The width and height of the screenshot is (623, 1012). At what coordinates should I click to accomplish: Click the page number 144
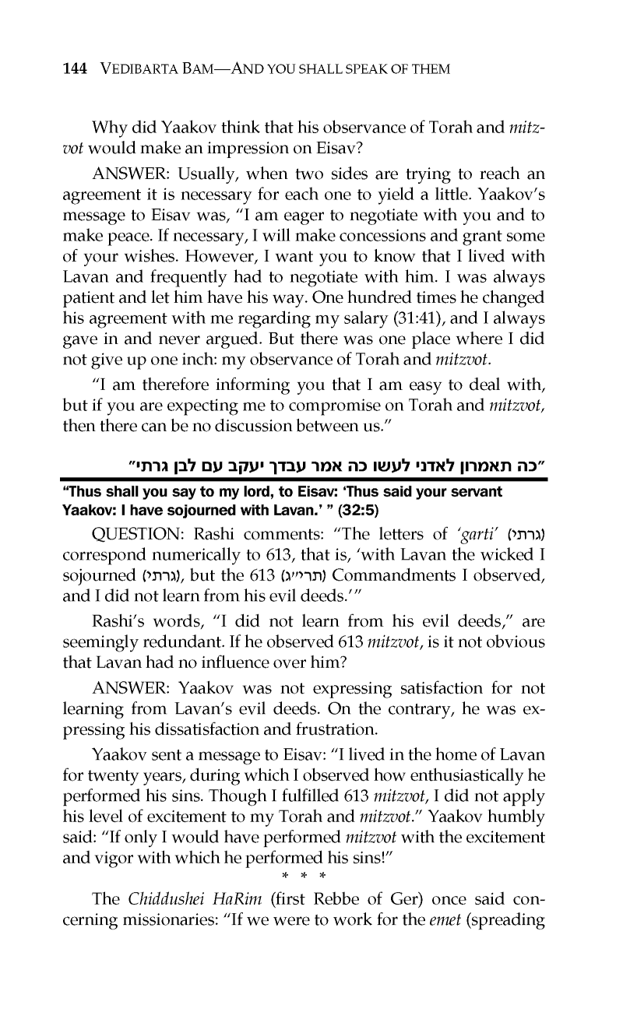tap(75, 69)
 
